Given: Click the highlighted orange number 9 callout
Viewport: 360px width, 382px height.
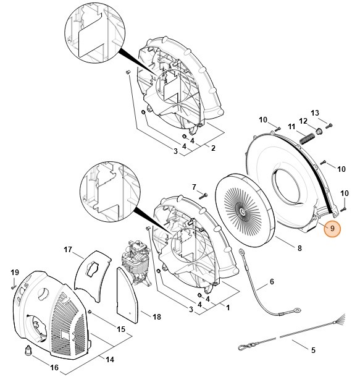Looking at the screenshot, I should coord(332,228).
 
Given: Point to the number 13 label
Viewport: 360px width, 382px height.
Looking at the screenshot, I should coord(315,112).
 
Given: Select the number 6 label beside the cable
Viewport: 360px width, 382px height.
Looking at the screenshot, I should coord(270,284).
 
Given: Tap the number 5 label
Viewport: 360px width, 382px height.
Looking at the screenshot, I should coord(313,350).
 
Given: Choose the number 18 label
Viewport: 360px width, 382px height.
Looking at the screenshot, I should coord(156,316).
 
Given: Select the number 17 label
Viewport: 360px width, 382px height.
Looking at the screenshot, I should coord(69,250).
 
